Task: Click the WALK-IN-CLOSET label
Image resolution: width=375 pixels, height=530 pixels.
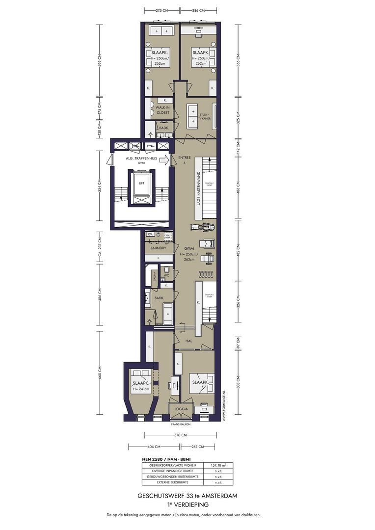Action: (x=162, y=109)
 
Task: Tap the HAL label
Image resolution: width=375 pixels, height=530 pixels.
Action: (x=188, y=341)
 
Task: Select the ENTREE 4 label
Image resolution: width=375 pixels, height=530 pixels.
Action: (x=184, y=159)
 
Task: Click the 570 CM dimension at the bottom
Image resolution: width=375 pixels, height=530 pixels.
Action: (x=180, y=435)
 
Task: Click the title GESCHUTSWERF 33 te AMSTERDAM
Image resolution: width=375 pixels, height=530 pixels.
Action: (x=187, y=496)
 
